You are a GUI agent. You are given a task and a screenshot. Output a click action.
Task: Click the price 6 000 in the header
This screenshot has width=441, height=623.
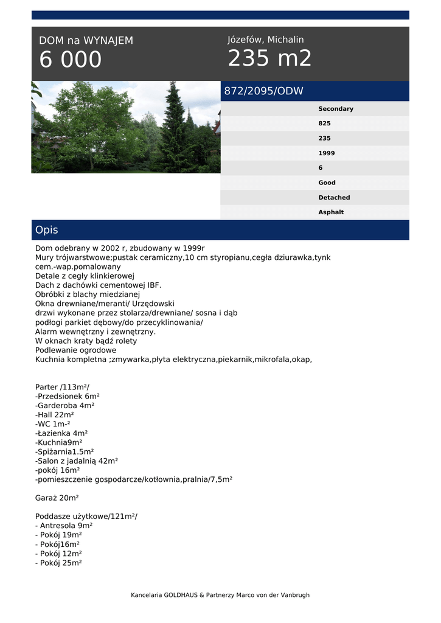tap(71, 60)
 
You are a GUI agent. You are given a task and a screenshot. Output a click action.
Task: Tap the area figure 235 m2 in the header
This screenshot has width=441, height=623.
tap(269, 58)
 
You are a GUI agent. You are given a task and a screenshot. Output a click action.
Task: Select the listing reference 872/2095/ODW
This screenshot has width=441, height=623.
tap(264, 91)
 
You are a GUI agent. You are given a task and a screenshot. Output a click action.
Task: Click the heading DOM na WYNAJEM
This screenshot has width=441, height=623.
tap(86, 41)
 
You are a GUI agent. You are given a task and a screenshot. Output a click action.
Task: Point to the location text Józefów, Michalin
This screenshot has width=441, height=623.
tap(266, 40)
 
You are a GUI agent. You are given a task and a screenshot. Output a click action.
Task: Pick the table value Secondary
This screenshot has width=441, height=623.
tap(336, 109)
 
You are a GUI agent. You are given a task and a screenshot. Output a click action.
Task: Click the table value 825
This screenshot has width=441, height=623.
tap(325, 124)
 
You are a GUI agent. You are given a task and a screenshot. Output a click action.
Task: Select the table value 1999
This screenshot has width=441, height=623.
tap(327, 153)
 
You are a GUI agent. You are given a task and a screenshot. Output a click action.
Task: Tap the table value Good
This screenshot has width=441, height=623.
tap(327, 183)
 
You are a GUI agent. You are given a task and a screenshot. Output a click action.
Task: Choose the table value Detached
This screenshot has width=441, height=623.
tap(334, 198)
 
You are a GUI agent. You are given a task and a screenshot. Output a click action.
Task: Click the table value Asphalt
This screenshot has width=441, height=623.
tap(331, 212)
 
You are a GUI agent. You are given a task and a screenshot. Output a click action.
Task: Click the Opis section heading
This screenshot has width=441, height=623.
tap(47, 230)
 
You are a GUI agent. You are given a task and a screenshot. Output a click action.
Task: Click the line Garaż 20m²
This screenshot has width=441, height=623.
tap(57, 498)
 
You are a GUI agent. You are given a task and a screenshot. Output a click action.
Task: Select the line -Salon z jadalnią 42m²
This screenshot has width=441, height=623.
tap(77, 461)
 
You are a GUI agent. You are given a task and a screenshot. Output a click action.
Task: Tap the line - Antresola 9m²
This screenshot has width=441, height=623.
tap(64, 526)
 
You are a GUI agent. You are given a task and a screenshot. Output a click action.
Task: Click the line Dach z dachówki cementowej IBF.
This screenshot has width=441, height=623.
tap(99, 285)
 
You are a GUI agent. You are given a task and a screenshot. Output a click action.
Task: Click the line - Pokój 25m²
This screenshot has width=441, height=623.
tap(58, 563)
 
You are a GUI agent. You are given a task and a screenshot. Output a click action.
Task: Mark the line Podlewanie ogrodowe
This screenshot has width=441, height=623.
tap(75, 350)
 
